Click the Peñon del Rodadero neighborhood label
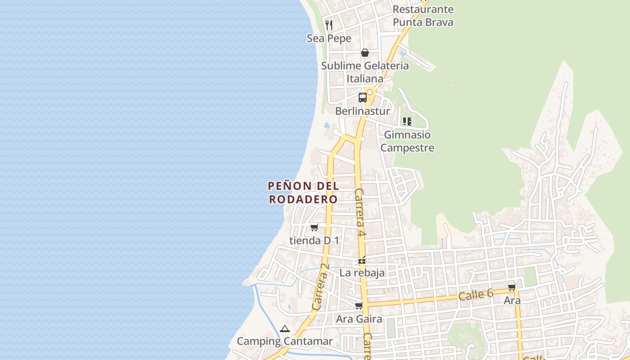[303, 192]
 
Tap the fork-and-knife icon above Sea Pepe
[329, 25]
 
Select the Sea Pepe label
[329, 39]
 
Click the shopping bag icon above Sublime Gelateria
[365, 53]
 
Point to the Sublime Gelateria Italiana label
[365, 72]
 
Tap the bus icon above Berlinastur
[363, 97]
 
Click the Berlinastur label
[363, 111]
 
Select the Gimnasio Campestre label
[407, 141]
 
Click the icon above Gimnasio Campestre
[407, 121]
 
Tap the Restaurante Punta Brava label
[423, 16]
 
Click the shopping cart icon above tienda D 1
[315, 227]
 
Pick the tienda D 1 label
[315, 241]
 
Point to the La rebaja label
[362, 273]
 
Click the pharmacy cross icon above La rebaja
[362, 261]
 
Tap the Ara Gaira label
[359, 319]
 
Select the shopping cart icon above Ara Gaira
[359, 306]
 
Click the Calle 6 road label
[476, 295]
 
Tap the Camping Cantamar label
[285, 341]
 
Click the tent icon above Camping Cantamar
[284, 329]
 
